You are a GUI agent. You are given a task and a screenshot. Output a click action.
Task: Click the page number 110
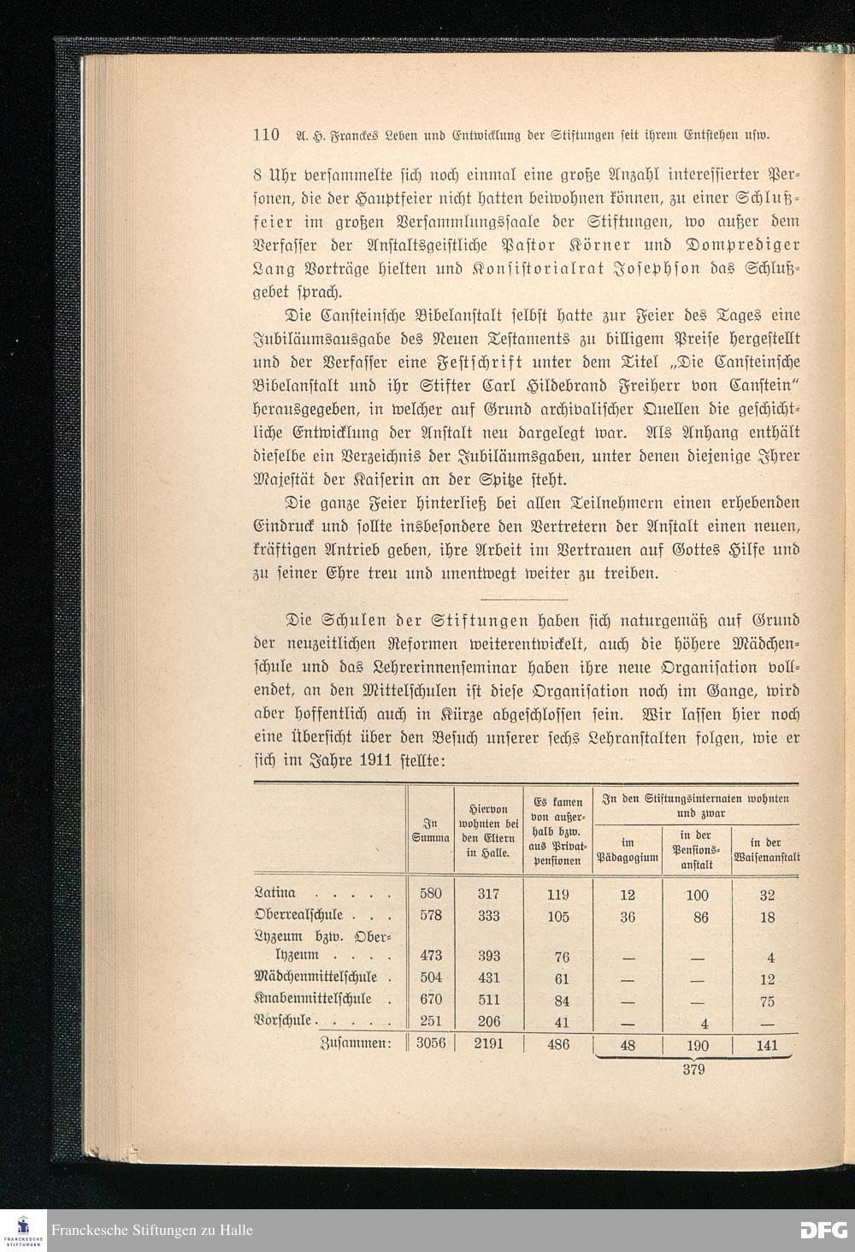267,134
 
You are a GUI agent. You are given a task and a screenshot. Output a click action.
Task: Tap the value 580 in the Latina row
431,894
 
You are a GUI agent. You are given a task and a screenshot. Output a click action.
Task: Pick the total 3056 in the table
431,1044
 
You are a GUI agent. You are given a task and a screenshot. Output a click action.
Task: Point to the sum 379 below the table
693,1069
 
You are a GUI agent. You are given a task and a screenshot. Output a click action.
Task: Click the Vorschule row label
285,1021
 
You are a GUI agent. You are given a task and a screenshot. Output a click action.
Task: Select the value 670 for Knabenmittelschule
431,1000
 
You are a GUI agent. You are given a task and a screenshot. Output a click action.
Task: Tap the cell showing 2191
488,1044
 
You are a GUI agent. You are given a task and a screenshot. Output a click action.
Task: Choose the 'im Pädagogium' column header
628,848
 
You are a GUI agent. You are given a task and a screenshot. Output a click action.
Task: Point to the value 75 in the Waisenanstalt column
767,1001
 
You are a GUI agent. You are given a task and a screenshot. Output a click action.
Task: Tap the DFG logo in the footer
823,1230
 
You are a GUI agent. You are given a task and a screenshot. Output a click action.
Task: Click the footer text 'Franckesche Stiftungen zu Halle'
151,1231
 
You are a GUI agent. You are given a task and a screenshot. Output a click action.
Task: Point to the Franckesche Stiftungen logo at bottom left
23,1228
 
